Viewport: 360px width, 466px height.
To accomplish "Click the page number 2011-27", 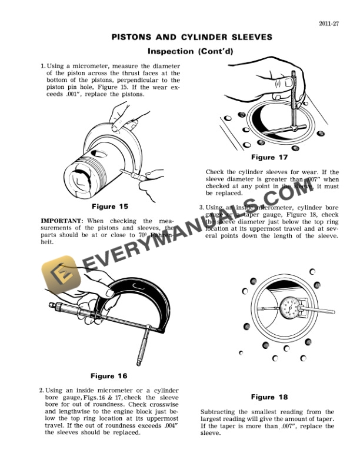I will point(326,24).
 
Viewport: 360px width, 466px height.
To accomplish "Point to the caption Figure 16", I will point(110,375).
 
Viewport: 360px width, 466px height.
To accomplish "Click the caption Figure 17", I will point(269,157).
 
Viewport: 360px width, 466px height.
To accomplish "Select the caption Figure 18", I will point(270,397).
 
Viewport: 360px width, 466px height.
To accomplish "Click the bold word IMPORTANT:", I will point(61,220).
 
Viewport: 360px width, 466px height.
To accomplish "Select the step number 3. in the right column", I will point(202,207).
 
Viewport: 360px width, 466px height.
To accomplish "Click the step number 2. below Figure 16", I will point(42,390).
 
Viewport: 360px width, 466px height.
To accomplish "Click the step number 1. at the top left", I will point(42,66).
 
